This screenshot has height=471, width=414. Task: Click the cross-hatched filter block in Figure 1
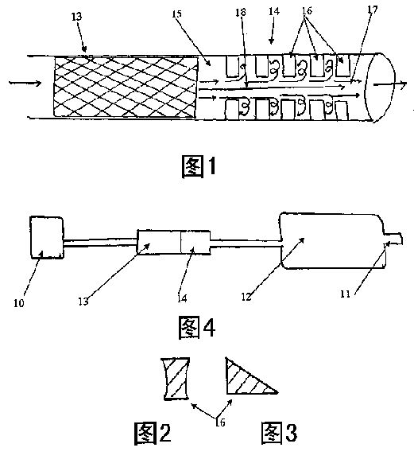126,87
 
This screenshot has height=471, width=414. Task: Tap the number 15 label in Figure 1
177,14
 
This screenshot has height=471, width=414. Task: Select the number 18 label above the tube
241,12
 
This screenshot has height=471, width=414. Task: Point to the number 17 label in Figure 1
373,10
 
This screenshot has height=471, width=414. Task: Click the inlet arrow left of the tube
25,83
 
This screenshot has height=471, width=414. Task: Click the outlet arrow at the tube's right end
390,84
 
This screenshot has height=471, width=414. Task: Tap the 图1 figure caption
199,166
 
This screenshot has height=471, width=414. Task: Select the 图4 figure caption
197,327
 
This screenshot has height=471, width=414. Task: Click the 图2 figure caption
153,433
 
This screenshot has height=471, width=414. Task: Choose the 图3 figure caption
279,432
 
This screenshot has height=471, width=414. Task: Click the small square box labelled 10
47,237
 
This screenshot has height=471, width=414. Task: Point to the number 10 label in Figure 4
18,303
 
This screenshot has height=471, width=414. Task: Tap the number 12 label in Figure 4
246,297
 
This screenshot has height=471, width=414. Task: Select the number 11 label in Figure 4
345,294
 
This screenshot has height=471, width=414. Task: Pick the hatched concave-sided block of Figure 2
176,379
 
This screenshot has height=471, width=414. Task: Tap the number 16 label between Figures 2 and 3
220,422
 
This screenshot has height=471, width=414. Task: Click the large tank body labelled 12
333,241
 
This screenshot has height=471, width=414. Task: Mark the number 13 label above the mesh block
76,17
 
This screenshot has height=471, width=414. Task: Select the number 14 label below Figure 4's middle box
182,298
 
